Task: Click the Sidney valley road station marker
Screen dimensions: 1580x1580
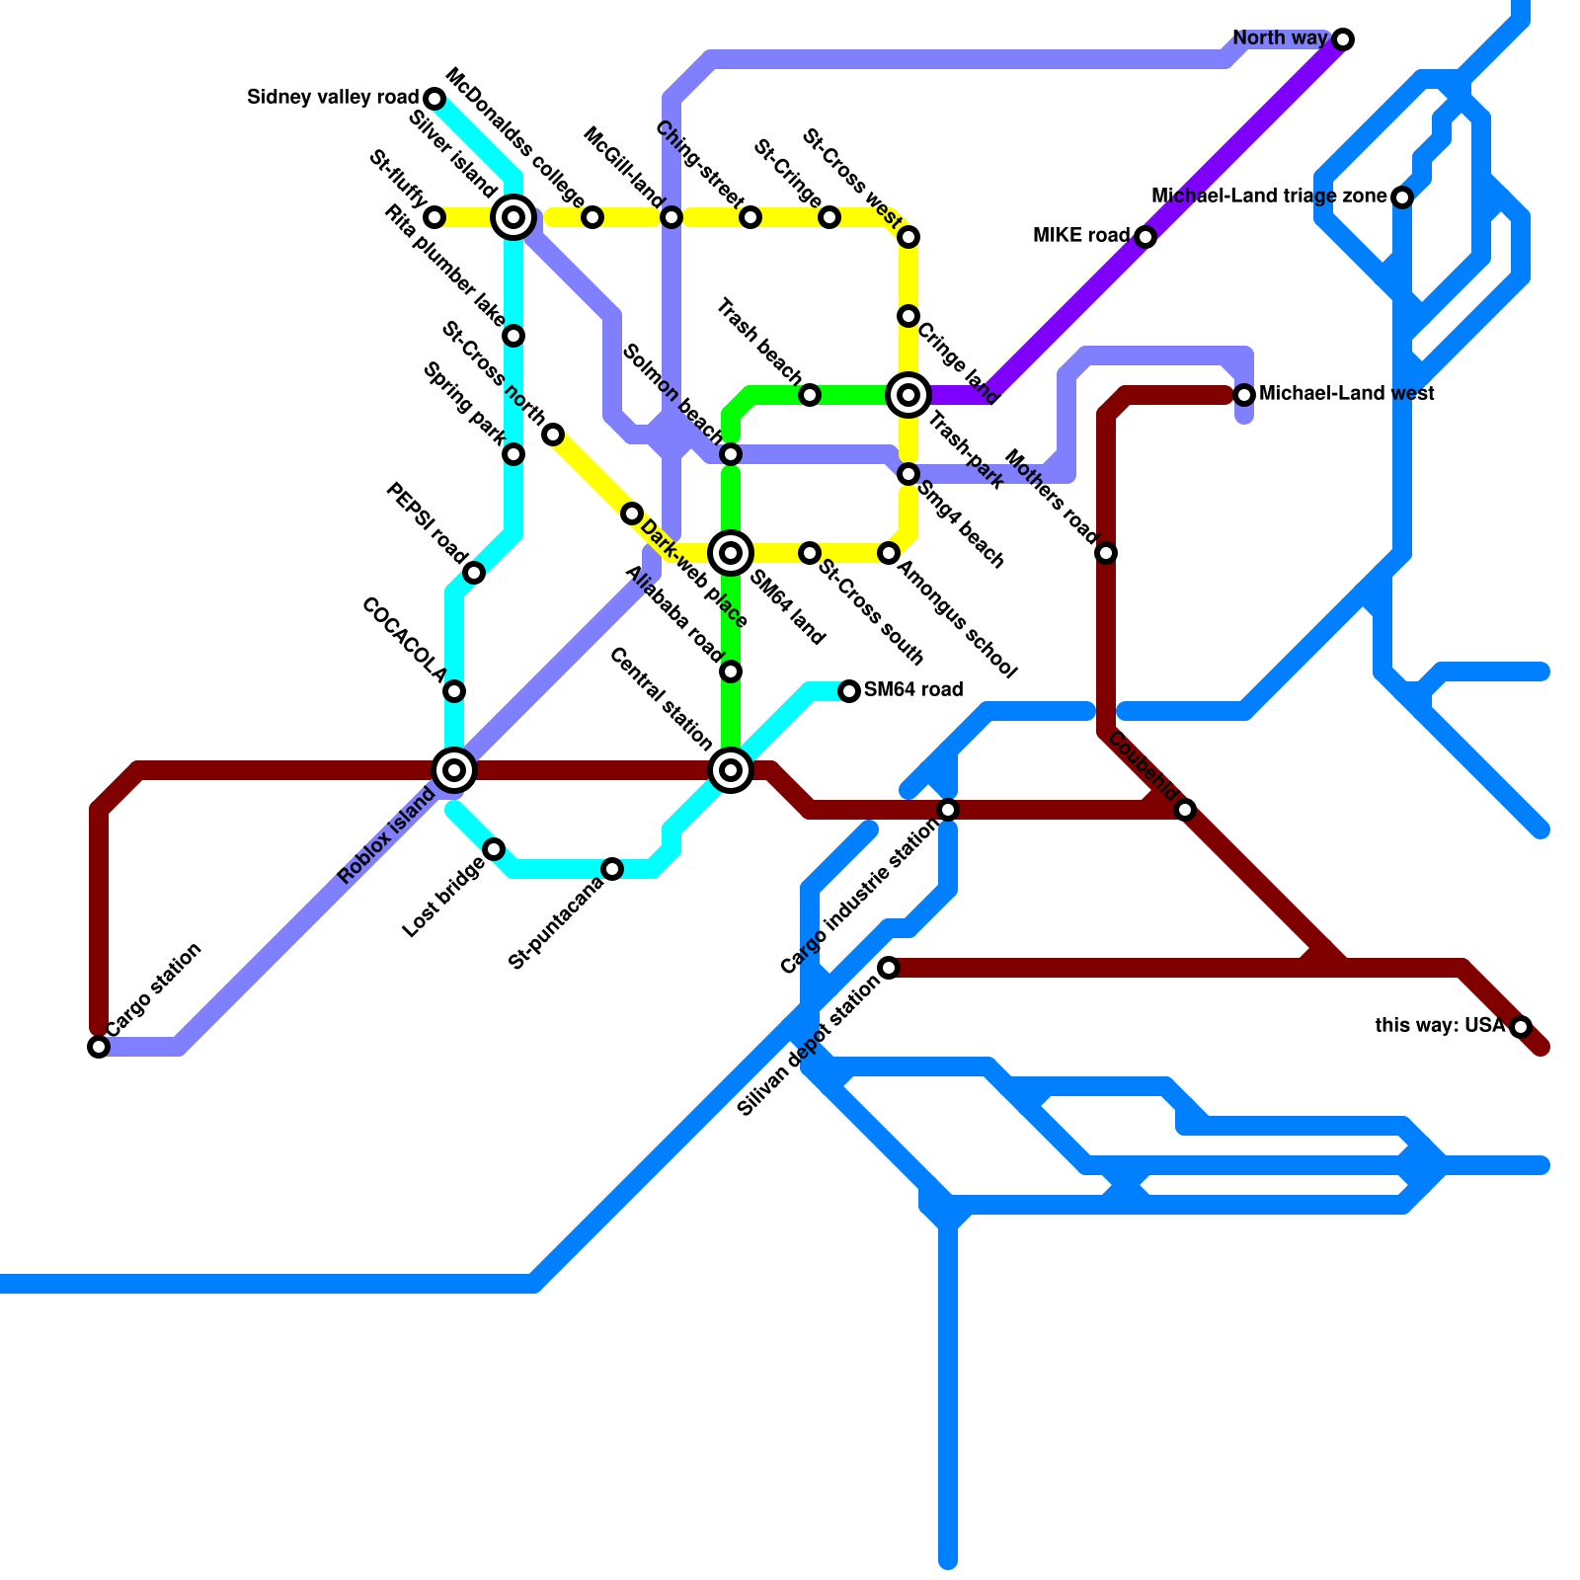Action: tap(434, 99)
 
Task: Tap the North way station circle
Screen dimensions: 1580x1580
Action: tap(1343, 39)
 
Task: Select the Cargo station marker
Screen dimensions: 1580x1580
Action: tap(99, 1047)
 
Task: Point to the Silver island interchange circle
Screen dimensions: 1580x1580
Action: tap(513, 217)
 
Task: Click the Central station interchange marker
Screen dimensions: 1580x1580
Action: tap(731, 770)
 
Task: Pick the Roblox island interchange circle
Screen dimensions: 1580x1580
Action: tap(454, 770)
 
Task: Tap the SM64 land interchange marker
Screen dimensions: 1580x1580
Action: tap(731, 553)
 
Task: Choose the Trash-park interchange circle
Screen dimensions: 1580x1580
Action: tap(908, 395)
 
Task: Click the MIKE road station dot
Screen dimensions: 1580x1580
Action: tap(1145, 237)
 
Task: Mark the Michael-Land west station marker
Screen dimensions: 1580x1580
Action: tap(1244, 395)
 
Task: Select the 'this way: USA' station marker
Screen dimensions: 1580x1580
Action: tap(1521, 1027)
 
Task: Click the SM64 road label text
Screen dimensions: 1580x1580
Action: tap(913, 689)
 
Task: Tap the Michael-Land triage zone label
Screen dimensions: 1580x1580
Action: tap(1269, 197)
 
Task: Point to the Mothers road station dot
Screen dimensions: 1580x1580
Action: tap(1106, 553)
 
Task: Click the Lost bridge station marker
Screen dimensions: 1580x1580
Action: tap(494, 849)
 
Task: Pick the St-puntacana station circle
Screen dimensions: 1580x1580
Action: tap(612, 869)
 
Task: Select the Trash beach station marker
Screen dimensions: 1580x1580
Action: tap(810, 395)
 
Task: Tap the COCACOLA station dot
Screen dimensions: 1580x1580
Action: tap(454, 691)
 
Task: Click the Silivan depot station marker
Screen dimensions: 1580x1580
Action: tap(889, 968)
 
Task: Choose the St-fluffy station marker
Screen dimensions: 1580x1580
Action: tap(434, 217)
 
